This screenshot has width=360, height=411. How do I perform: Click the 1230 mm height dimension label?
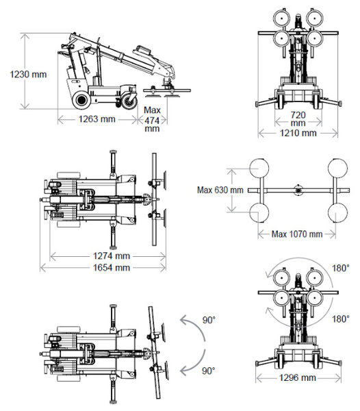point(28,74)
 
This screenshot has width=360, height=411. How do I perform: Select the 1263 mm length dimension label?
point(97,119)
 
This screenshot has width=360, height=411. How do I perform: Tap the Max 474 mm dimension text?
point(152,119)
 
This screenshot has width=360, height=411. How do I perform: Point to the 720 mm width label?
point(298,119)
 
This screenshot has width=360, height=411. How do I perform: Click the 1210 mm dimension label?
point(298,133)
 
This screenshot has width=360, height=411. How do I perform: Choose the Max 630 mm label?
point(220,190)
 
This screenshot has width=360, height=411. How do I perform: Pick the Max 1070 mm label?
point(297,234)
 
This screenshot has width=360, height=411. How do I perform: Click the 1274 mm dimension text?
point(112,256)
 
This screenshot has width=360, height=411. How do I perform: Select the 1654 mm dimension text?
point(112,268)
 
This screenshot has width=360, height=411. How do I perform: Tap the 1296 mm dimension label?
point(298,377)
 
